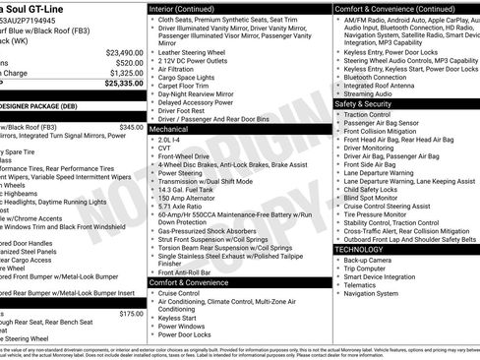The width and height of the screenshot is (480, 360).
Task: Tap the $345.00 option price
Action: tap(130, 127)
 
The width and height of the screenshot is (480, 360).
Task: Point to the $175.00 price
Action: tap(130, 314)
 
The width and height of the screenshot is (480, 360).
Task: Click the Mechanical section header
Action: tap(169, 129)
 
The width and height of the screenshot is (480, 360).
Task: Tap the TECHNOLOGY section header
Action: tap(358, 250)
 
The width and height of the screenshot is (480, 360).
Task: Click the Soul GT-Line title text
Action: tap(43, 6)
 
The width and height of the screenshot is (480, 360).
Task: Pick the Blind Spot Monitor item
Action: tap(380, 198)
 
